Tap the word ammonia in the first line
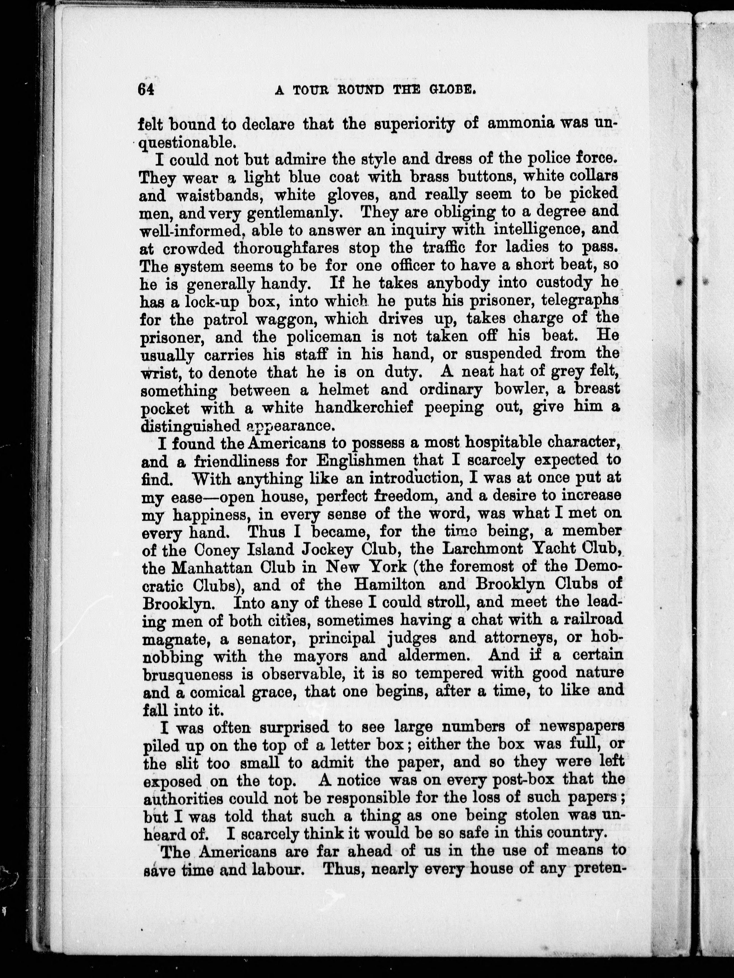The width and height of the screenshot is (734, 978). (x=520, y=124)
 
